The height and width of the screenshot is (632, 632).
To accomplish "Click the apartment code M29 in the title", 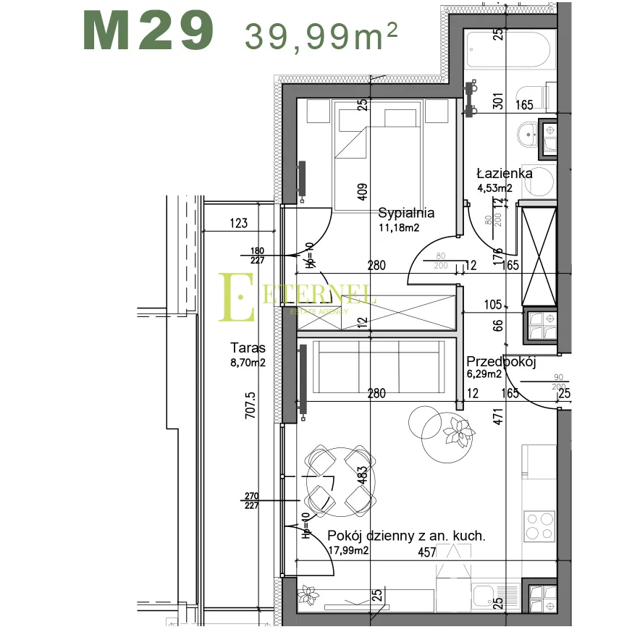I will tap(149, 31).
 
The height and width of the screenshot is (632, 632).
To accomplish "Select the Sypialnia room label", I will tap(406, 213).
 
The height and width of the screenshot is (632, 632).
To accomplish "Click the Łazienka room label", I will tap(505, 174).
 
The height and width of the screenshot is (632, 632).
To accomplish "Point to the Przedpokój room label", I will tap(500, 362).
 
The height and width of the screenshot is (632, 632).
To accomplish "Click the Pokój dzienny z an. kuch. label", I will tap(406, 536).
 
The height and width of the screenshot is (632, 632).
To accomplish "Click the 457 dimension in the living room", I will tap(427, 552).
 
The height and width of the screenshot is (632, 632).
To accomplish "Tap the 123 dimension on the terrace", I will tap(239, 223).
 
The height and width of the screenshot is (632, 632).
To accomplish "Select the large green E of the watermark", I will tap(237, 297).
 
